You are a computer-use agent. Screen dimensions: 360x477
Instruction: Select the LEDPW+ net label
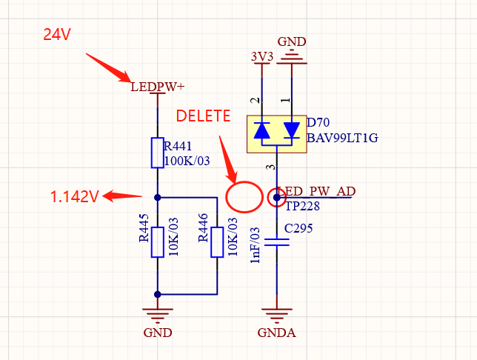[158, 87]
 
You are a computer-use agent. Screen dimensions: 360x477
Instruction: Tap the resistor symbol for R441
[158, 152]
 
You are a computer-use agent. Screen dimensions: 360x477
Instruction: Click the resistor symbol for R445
[158, 242]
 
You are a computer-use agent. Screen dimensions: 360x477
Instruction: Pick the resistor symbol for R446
[217, 242]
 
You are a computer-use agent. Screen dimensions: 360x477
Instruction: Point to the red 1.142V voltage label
[74, 197]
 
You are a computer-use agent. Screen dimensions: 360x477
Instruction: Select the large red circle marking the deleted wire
[244, 197]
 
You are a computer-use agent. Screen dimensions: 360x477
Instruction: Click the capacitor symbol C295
[276, 242]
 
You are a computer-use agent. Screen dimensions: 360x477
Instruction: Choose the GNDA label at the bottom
[276, 333]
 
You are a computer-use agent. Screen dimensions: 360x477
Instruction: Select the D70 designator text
[318, 122]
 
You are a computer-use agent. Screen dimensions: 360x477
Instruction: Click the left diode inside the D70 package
[261, 130]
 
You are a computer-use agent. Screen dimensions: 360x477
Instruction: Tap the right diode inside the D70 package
[291, 130]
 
